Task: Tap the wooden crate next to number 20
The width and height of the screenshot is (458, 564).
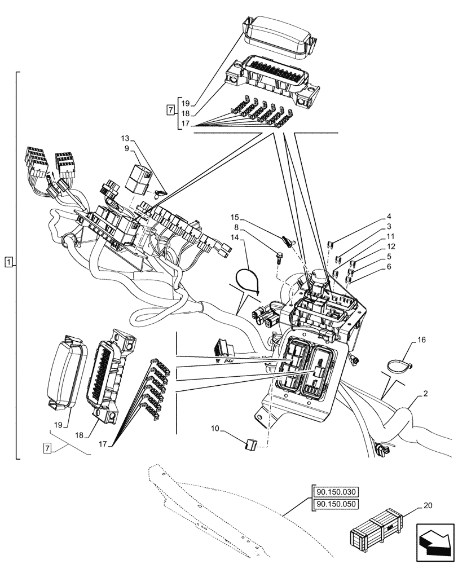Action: (377, 531)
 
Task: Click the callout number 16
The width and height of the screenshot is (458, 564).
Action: (421, 341)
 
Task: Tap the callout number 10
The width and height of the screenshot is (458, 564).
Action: (215, 429)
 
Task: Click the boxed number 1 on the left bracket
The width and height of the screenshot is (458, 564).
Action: (8, 262)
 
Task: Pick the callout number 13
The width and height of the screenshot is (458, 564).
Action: (125, 138)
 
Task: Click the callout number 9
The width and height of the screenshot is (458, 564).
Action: (127, 148)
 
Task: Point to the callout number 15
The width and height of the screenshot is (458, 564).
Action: (235, 217)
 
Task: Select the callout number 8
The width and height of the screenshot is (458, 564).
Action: (236, 227)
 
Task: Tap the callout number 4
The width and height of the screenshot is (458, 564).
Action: (389, 217)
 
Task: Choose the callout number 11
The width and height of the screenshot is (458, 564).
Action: (390, 237)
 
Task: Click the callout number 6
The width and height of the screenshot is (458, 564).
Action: (389, 267)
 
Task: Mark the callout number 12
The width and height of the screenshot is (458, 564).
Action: (390, 247)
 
